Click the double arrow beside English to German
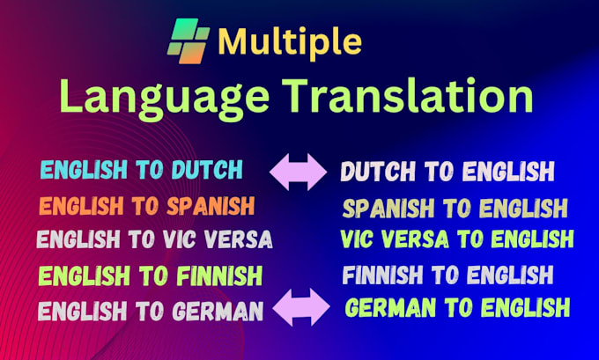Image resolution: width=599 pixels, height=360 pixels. pos(300,309)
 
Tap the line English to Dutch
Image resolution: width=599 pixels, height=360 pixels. pos(141,169)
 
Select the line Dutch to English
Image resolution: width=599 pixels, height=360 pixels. pos(447,171)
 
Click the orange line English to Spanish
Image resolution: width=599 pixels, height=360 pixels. pos(147,206)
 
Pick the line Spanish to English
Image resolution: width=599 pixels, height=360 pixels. pos(455,209)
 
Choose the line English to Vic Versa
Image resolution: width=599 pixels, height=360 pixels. pos(154,239)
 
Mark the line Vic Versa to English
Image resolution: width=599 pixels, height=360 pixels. pos(457,239)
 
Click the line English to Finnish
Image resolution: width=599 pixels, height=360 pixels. pos(150,276)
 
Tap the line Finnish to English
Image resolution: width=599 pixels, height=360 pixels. pos(447,276)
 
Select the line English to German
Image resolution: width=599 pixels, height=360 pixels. pos(151,310)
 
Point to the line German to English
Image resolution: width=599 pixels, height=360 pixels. pos(457,308)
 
